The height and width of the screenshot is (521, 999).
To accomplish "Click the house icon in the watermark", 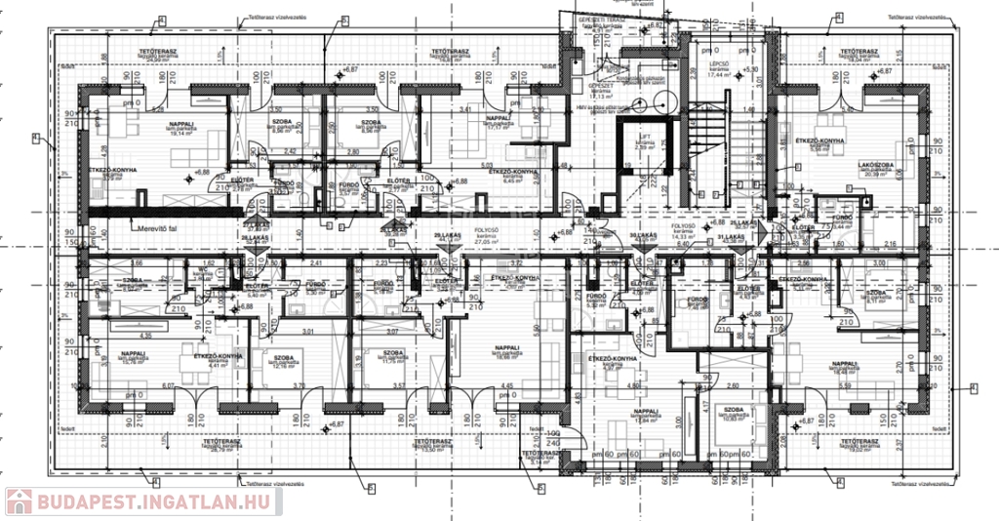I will pyautogui.click(x=19, y=501).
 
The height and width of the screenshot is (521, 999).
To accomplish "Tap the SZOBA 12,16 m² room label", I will pyautogui.click(x=284, y=362).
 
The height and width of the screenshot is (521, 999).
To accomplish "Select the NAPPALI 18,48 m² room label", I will pyautogui.click(x=845, y=367).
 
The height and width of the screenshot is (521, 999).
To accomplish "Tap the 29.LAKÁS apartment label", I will pyautogui.click(x=446, y=237).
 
